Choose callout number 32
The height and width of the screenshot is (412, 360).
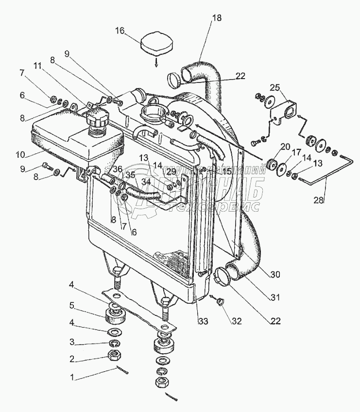click(x=237, y=321)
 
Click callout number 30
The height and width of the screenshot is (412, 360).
click(x=275, y=275)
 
